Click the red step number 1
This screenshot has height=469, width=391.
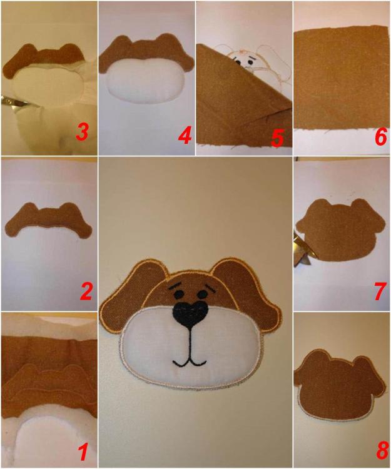[x=83, y=451]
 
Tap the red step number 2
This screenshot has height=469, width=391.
[x=86, y=291]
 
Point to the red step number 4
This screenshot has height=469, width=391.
[x=183, y=135]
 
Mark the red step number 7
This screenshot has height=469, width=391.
[x=379, y=292]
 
